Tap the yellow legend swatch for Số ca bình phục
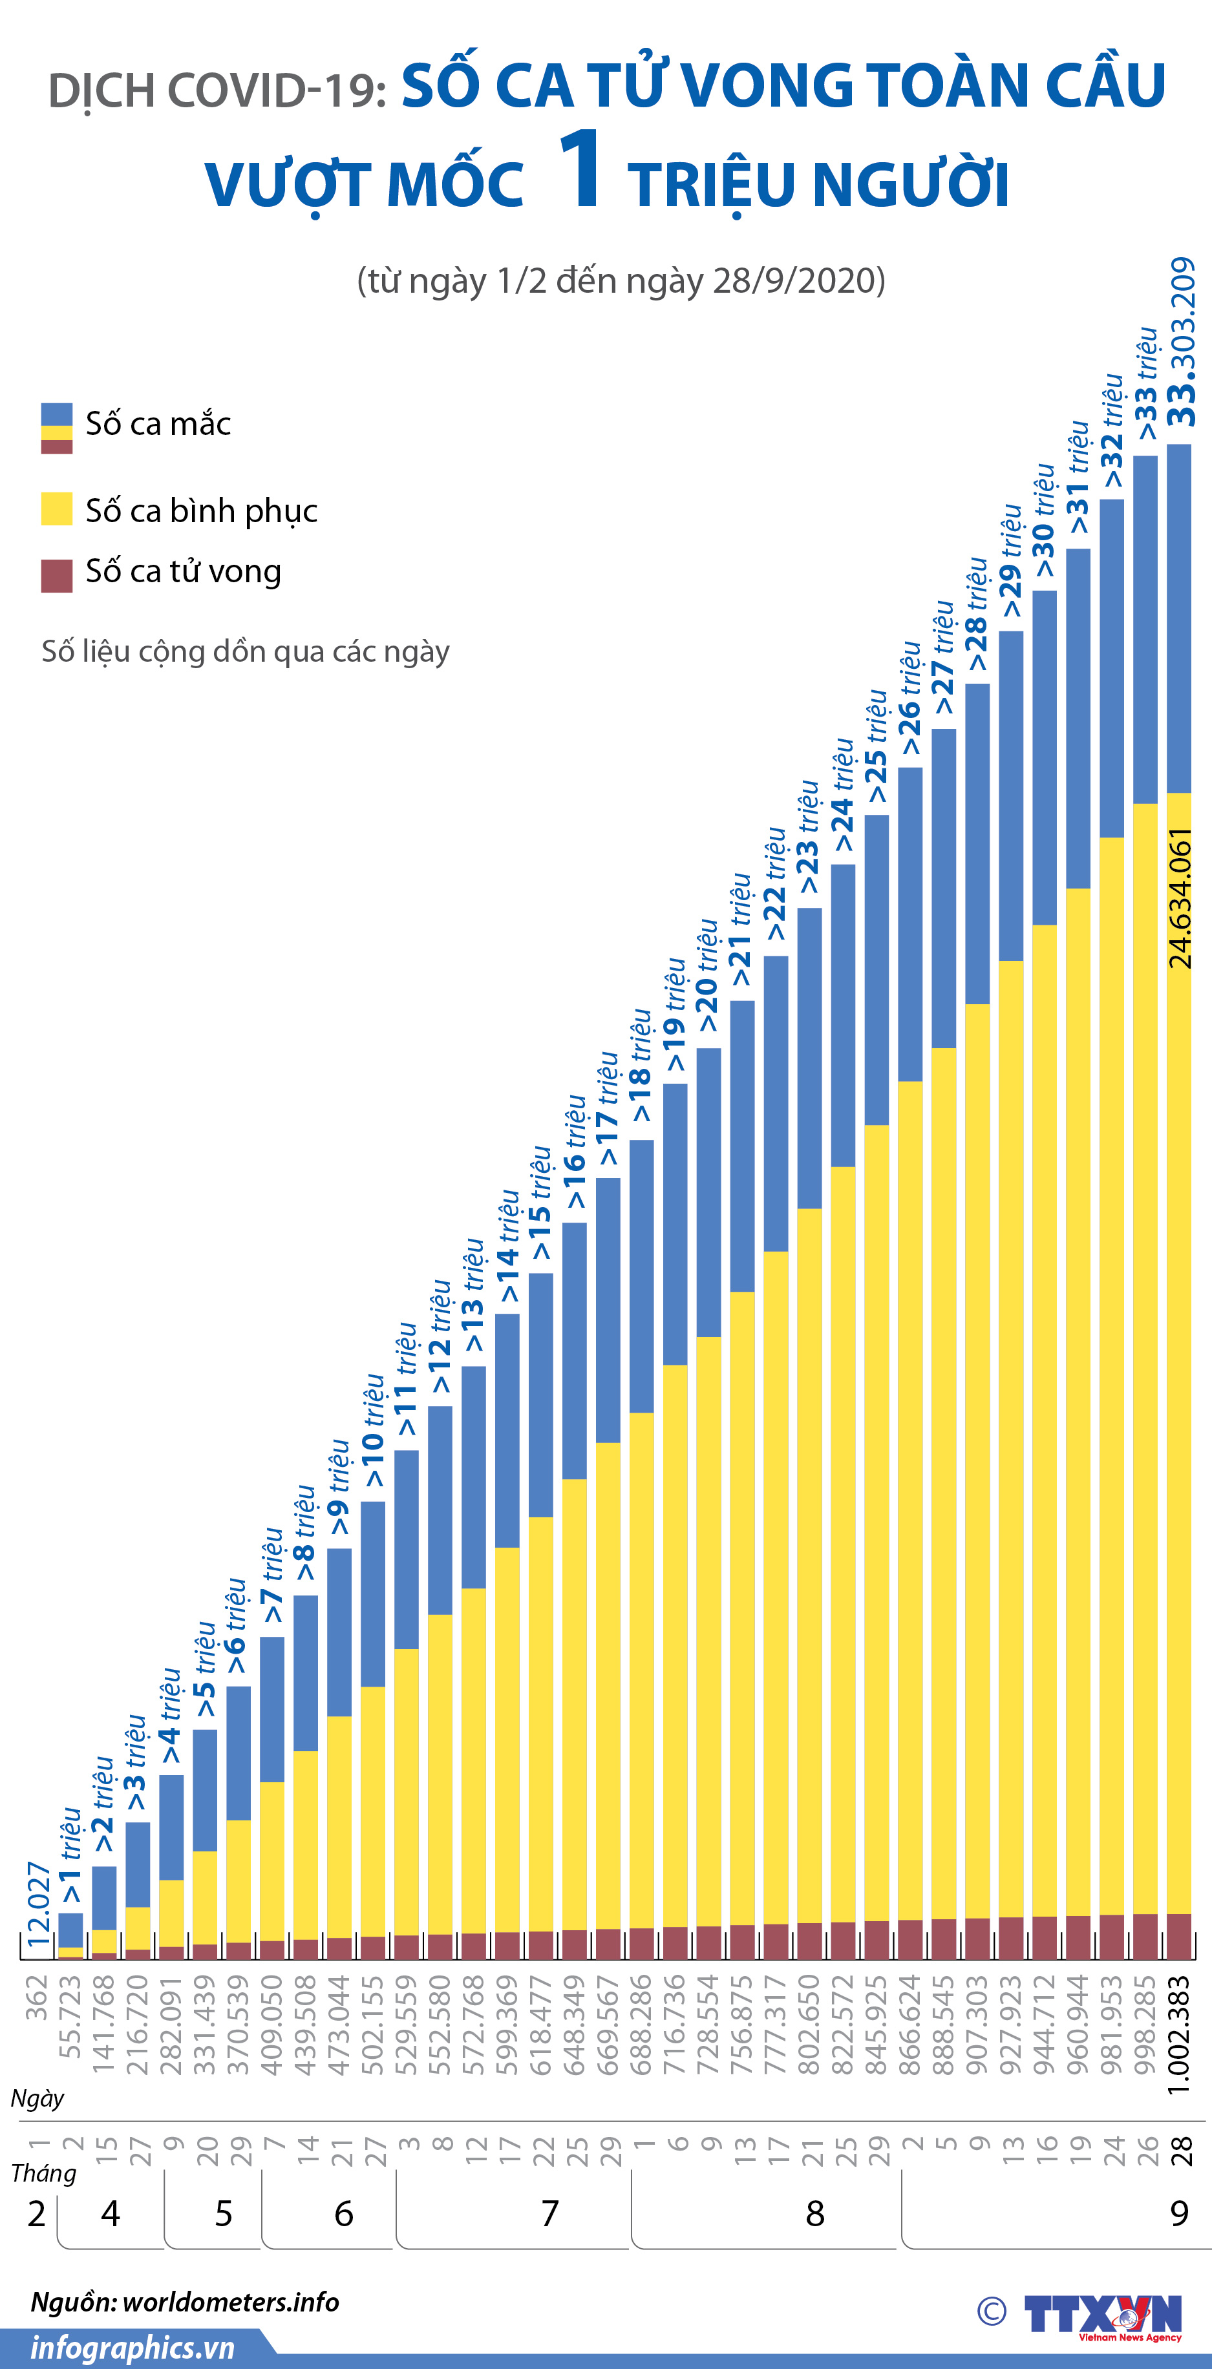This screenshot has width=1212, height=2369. [x=57, y=509]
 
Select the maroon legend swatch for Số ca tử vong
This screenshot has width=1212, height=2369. [x=57, y=576]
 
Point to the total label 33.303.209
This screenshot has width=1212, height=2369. [x=1182, y=342]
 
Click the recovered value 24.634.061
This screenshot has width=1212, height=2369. [x=1180, y=898]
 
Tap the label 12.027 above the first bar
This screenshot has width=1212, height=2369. [x=37, y=1904]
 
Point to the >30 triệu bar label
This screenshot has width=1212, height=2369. [x=1044, y=521]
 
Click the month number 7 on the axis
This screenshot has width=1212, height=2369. [x=550, y=2213]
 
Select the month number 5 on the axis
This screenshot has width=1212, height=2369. [x=224, y=2213]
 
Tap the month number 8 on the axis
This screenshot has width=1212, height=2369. [x=814, y=2213]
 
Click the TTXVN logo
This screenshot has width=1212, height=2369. [x=1101, y=2315]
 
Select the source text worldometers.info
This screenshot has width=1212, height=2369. [x=231, y=2302]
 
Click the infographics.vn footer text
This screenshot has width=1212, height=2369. [x=133, y=2348]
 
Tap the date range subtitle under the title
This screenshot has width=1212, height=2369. [x=621, y=280]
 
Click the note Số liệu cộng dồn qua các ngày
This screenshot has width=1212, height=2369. [x=246, y=651]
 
